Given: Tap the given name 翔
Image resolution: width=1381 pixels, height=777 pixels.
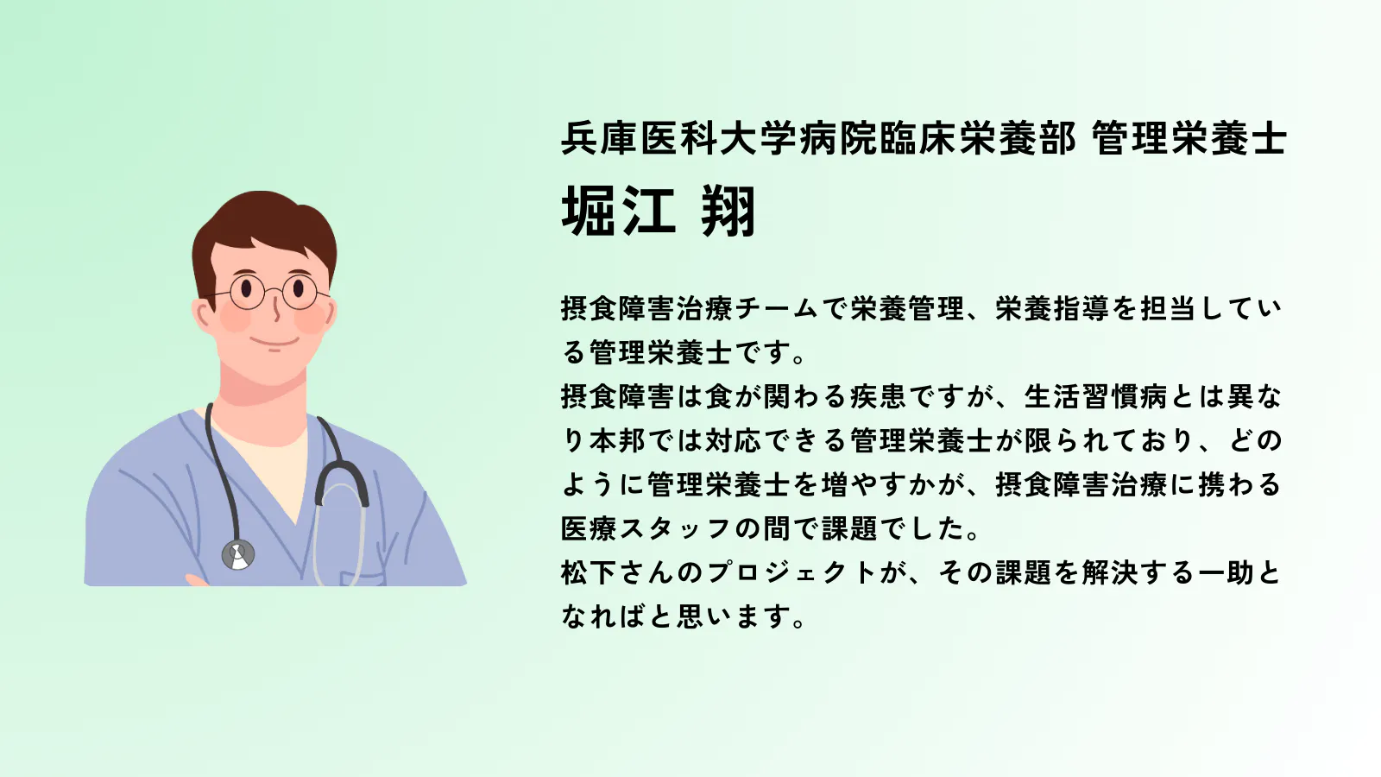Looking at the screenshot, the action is tap(728, 212).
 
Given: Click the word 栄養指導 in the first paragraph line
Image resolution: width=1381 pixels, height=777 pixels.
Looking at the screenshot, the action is tap(1052, 308).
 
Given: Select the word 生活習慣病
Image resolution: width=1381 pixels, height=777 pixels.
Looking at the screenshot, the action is tap(1095, 396).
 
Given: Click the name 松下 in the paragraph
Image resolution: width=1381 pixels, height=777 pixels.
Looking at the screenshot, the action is tap(589, 573).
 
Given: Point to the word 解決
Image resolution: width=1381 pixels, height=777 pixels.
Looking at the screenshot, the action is tap(1110, 573).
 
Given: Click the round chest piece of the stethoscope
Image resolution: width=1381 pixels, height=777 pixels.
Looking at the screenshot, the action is tap(238, 554).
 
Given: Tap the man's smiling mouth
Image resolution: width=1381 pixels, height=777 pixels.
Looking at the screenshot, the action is tap(275, 343).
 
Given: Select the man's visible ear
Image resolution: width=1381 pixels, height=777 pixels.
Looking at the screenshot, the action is tap(204, 316).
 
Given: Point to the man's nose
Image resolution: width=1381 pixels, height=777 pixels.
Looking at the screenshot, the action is tap(276, 312).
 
